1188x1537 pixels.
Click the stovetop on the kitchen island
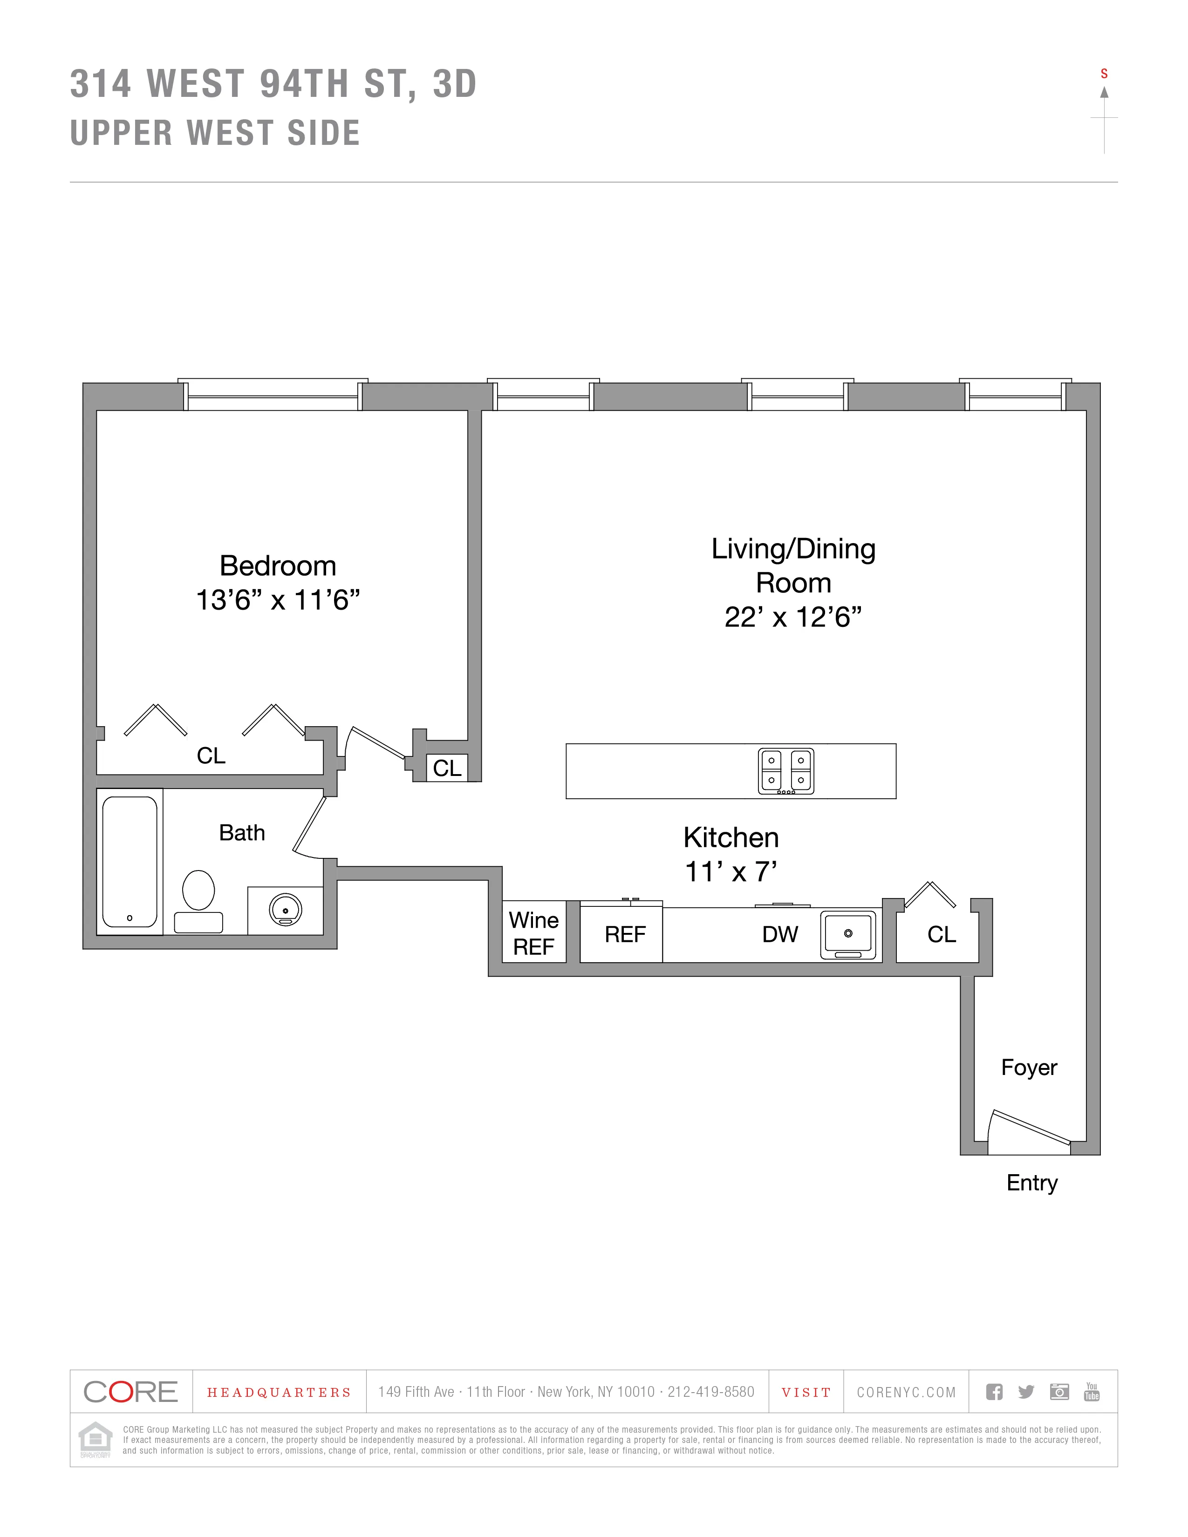[785, 771]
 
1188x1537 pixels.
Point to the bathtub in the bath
[130, 861]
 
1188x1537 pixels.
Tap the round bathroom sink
[285, 910]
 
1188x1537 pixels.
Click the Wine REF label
[533, 933]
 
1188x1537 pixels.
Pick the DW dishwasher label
[780, 935]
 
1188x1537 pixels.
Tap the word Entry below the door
[1032, 1182]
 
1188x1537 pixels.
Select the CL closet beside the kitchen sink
[941, 935]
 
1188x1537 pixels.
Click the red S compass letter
[1104, 74]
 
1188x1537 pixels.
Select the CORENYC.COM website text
[906, 1392]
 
